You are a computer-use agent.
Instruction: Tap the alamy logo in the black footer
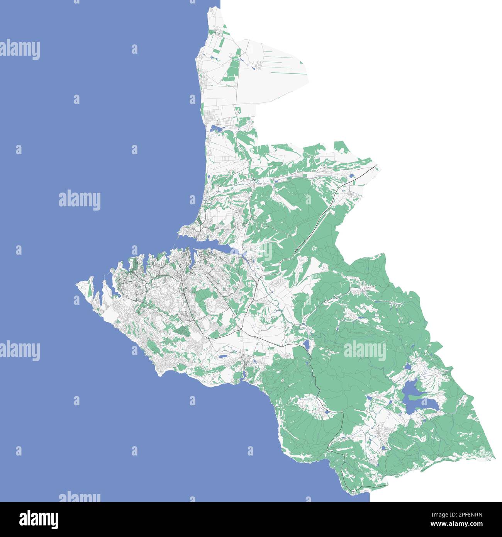[39, 520]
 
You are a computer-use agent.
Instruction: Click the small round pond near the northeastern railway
[352, 176]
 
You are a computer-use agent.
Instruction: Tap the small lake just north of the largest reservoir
[407, 366]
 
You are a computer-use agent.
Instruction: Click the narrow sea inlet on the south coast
[243, 377]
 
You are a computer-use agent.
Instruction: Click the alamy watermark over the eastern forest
[365, 350]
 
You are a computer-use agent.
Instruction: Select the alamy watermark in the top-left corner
[20, 49]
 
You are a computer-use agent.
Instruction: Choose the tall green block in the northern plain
[232, 69]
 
